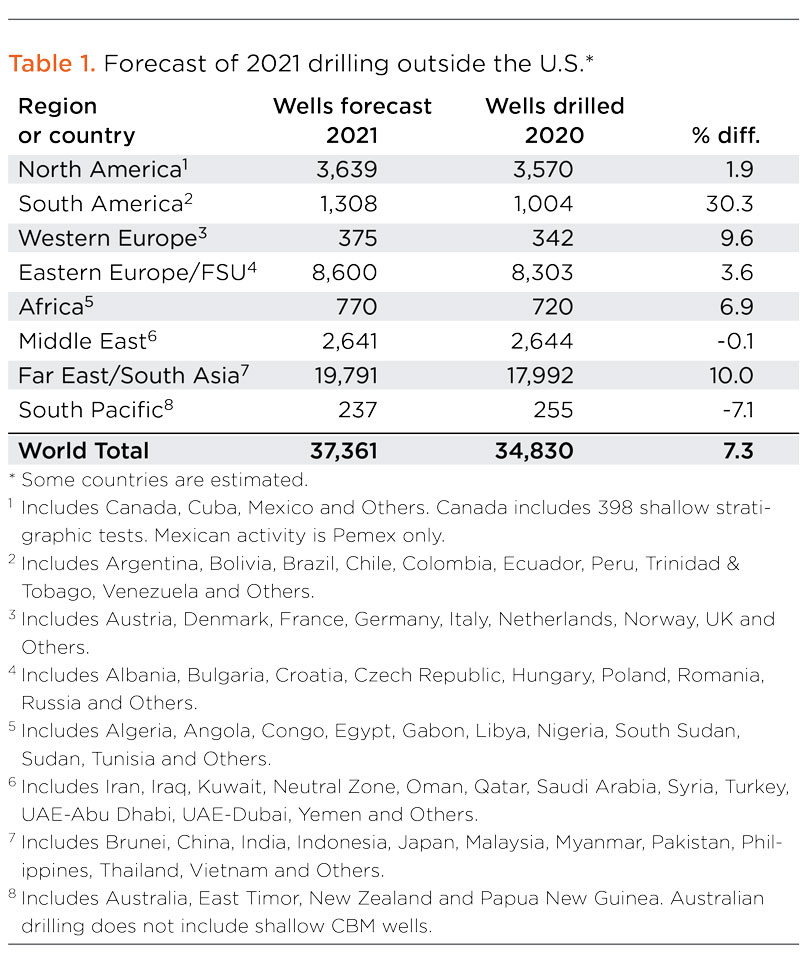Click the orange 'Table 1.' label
click(x=51, y=65)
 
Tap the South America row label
click(x=99, y=204)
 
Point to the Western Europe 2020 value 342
click(x=552, y=238)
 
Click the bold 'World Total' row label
click(x=83, y=451)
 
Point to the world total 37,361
click(x=338, y=451)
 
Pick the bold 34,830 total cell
click(x=534, y=451)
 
